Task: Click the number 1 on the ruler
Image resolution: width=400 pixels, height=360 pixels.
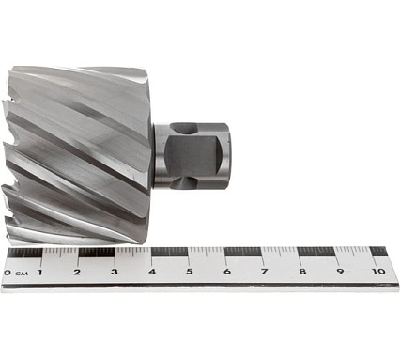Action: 40,272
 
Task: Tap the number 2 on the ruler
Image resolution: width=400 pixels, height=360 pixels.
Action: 77,272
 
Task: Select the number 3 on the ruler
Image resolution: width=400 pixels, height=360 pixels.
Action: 115,272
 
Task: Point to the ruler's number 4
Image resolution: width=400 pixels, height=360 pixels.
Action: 152,272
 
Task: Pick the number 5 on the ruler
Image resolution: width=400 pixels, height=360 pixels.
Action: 190,272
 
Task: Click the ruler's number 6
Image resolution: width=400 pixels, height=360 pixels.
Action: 227,272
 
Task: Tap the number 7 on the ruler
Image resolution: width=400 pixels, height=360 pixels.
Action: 265,272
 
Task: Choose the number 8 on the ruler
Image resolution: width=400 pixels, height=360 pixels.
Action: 302,272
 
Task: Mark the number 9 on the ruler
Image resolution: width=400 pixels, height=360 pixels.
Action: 340,272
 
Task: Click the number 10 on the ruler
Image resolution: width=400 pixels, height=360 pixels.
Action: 377,272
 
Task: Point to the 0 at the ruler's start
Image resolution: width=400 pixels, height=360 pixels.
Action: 7,273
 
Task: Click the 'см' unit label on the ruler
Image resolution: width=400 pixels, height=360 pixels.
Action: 20,274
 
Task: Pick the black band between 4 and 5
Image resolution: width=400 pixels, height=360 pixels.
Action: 170,252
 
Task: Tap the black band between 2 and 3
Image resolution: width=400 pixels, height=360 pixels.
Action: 97,252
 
